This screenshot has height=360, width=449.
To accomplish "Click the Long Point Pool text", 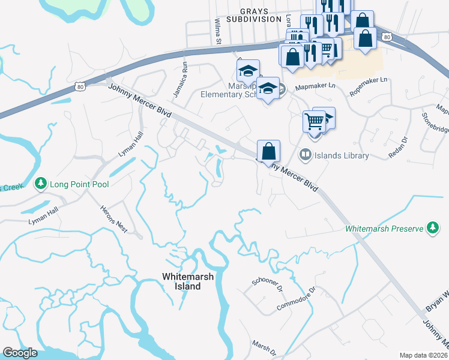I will (79, 184).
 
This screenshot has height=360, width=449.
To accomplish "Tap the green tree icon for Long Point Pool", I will (41, 182).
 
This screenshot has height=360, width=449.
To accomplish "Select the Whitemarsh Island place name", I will (181, 281).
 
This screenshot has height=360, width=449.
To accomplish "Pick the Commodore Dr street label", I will (296, 298).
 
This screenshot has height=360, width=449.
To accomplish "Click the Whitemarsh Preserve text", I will (384, 229).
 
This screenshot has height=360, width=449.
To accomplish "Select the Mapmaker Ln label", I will (315, 86).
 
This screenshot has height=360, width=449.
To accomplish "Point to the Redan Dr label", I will (397, 146).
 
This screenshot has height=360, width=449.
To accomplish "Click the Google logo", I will (20, 353).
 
